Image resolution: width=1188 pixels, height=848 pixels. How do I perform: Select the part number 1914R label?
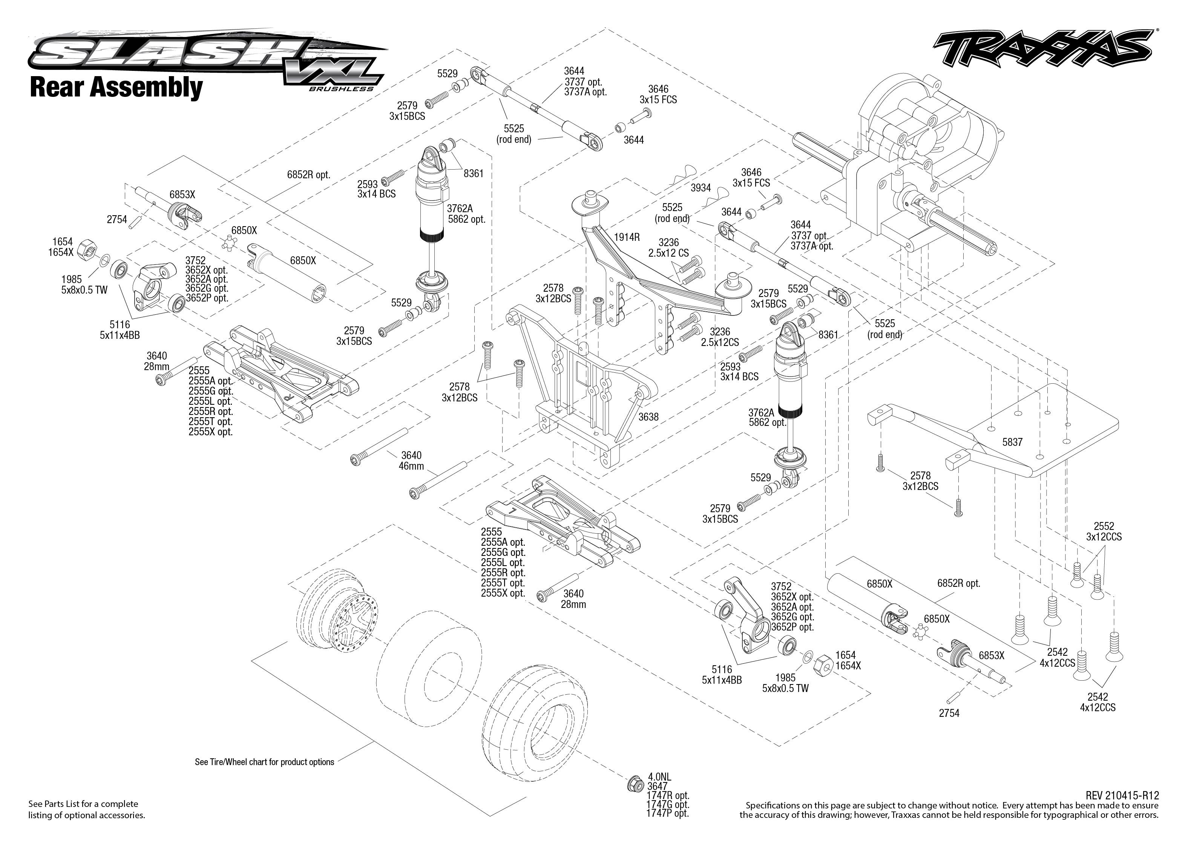[627, 237]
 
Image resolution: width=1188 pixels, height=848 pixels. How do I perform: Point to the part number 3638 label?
[648, 417]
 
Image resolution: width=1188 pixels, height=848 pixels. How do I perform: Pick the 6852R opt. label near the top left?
[309, 175]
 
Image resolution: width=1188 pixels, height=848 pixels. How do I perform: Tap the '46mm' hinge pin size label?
[411, 466]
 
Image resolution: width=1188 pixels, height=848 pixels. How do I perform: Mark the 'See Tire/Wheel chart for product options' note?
[264, 762]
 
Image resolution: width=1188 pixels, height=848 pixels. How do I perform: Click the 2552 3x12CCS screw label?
[1104, 531]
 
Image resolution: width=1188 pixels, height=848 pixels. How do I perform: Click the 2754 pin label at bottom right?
[949, 713]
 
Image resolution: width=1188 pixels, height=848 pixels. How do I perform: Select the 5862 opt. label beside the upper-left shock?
[466, 219]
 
